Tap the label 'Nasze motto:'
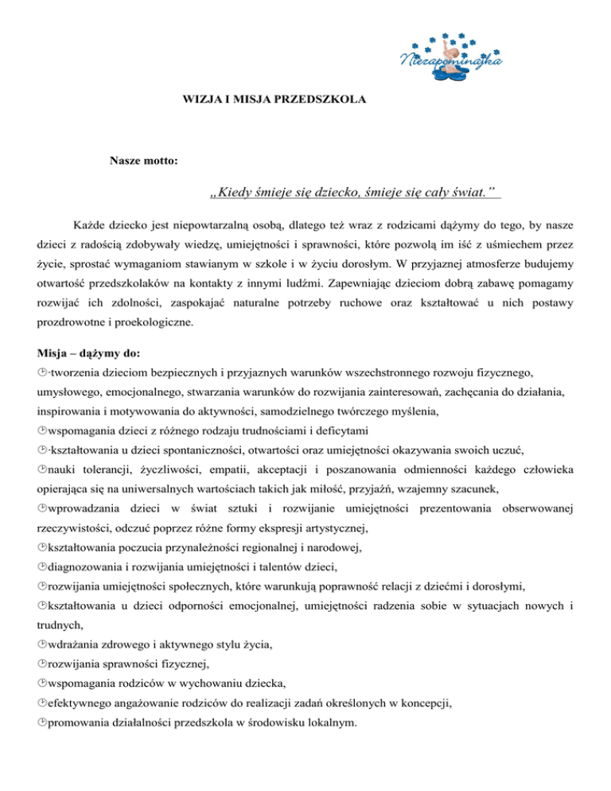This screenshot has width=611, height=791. (x=143, y=162)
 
